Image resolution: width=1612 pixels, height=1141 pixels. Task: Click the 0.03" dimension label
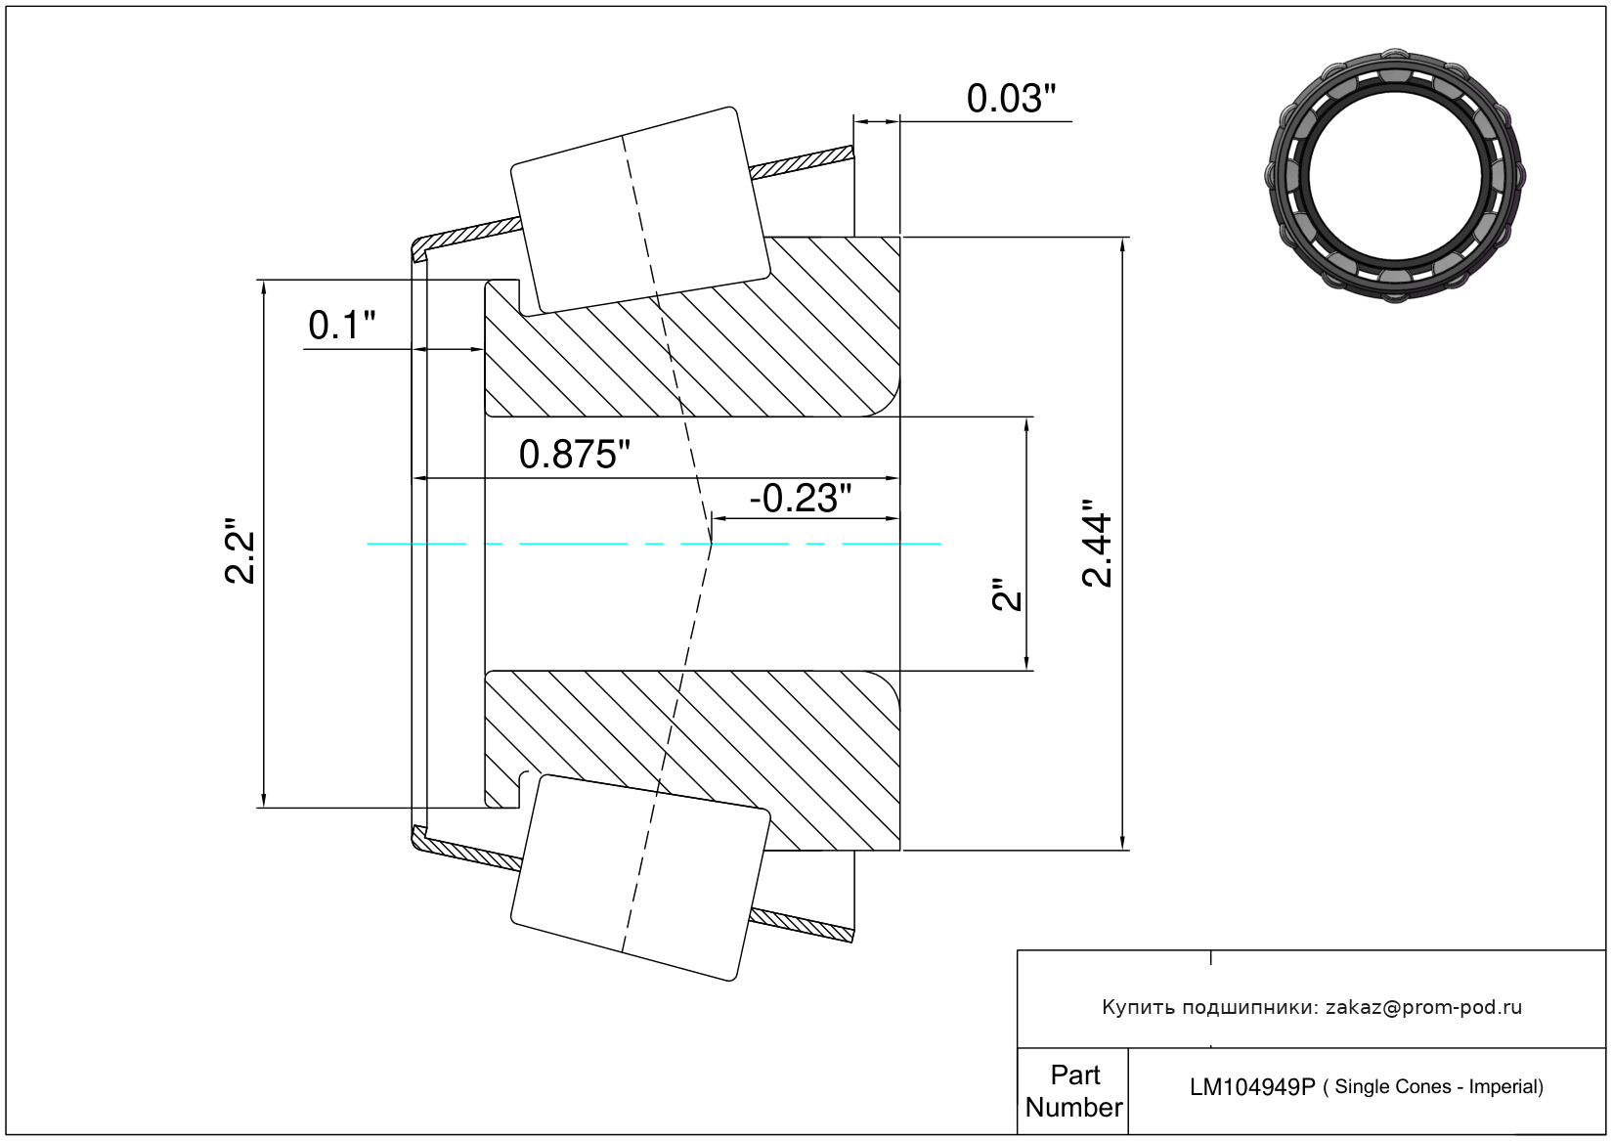(1011, 99)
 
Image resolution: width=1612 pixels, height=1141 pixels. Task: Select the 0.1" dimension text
(341, 326)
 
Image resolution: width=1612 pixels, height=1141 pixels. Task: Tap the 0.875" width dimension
(574, 455)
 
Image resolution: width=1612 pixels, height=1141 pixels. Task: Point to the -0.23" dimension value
(800, 499)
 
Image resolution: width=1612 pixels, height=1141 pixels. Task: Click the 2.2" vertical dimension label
(240, 551)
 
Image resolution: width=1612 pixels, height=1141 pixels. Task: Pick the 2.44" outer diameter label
(1098, 544)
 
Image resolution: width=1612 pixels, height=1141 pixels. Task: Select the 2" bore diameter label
(1007, 595)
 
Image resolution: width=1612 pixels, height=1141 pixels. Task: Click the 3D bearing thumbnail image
(1395, 174)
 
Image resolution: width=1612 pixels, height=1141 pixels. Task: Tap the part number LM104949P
(1251, 1087)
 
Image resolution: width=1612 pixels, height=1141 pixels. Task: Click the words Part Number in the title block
(1073, 1091)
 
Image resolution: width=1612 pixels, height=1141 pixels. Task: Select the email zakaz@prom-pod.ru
(1423, 1007)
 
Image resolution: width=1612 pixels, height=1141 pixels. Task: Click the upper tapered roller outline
(639, 210)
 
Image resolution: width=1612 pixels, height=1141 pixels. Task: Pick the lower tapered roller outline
(640, 877)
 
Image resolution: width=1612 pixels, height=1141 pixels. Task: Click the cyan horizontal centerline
(587, 544)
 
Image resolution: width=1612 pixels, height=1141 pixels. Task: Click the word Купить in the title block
(1138, 1007)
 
